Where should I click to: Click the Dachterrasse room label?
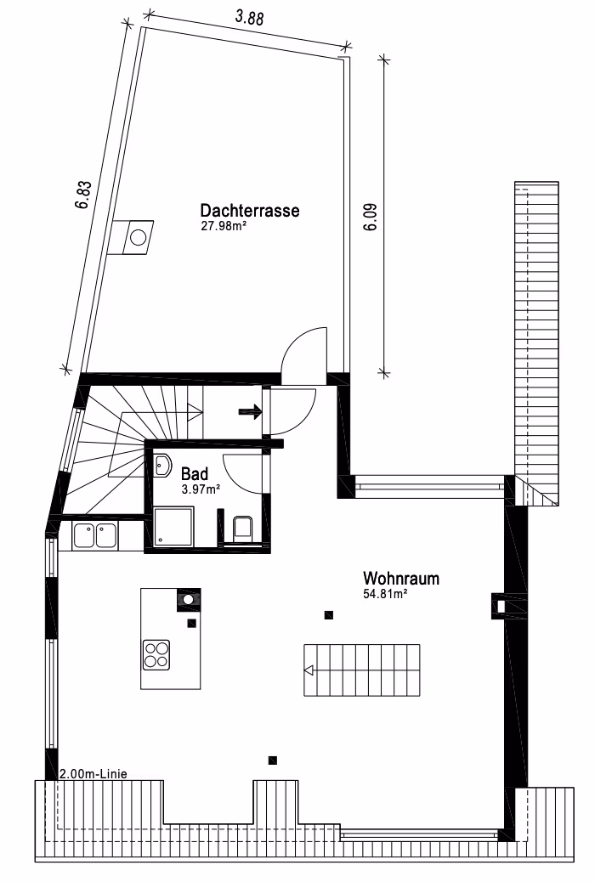[x=249, y=211]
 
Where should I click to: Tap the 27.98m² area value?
[x=224, y=226]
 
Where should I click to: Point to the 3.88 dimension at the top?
[x=249, y=18]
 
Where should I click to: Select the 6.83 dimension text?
[x=83, y=195]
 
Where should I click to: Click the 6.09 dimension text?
[x=371, y=217]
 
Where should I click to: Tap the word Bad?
[x=195, y=473]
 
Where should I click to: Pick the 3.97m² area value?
[x=201, y=489]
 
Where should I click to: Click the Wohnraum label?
[x=401, y=579]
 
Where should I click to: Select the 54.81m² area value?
[x=385, y=594]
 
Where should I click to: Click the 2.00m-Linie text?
[x=93, y=774]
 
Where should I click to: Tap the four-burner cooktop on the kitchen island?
[x=156, y=655]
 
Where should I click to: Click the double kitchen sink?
[x=94, y=536]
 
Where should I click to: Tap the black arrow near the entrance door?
[x=251, y=412]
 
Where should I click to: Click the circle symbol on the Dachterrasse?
[x=138, y=237]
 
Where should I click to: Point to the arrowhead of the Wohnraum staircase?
[x=309, y=670]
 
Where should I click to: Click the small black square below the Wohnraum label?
[x=329, y=615]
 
